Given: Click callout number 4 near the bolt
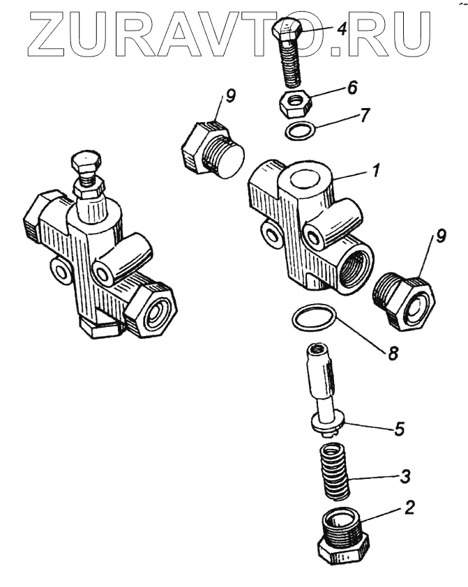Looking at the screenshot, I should click(x=341, y=29).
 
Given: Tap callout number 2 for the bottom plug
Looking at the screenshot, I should click(x=409, y=507).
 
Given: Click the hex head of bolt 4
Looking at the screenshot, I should click(x=287, y=32).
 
